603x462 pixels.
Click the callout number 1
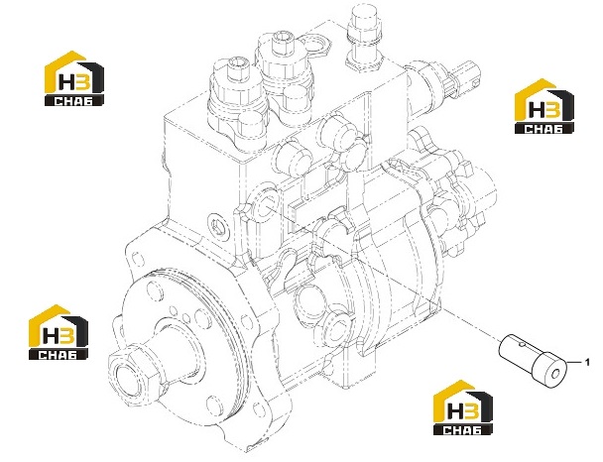click(587, 362)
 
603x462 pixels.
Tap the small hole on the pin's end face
click(555, 374)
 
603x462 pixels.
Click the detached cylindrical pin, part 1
click(533, 357)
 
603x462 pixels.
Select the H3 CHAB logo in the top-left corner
click(74, 78)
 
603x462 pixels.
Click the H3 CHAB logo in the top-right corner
click(544, 106)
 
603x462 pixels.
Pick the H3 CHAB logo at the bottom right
click(462, 407)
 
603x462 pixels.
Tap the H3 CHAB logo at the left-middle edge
click(59, 332)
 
